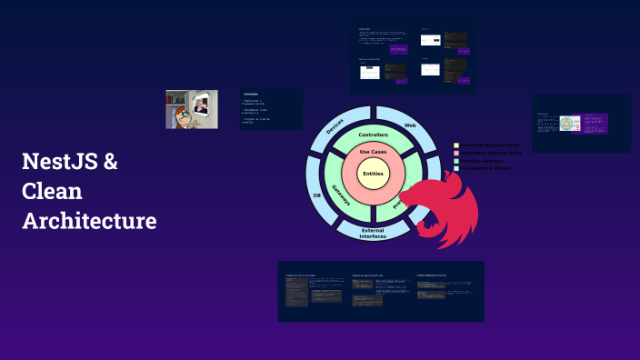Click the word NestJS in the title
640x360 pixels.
59,164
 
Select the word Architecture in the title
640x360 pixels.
89,221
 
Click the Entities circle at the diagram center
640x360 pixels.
373,174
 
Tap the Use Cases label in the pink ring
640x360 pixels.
374,152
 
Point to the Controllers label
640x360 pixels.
374,135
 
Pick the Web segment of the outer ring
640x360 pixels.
410,125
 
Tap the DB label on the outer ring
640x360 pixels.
316,195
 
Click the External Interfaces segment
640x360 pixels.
373,234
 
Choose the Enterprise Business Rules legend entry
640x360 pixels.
490,145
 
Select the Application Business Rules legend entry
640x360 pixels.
490,154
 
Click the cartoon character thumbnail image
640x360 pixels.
191,109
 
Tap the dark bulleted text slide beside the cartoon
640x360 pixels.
270,109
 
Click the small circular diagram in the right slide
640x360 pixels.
569,124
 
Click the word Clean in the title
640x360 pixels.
52,192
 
